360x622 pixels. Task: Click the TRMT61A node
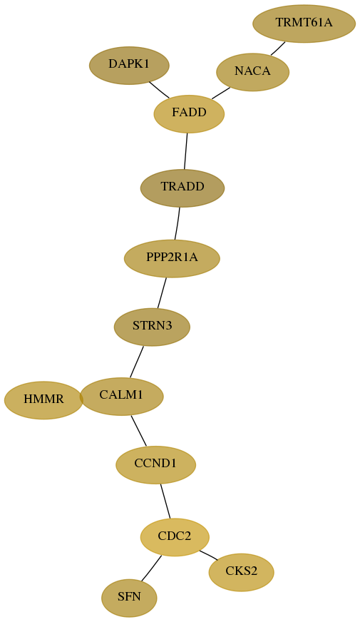(x=304, y=24)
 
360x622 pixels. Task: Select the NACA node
(x=252, y=72)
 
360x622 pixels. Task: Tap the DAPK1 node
(x=129, y=66)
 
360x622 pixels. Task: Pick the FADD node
(x=189, y=114)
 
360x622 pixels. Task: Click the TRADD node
(x=182, y=188)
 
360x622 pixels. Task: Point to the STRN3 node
(x=153, y=327)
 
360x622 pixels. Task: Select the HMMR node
(x=43, y=400)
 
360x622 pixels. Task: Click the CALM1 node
(x=121, y=397)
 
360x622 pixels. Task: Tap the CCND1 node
(x=156, y=464)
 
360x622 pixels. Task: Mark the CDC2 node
(x=175, y=537)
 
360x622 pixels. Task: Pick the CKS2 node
(x=242, y=572)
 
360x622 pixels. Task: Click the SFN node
(x=129, y=598)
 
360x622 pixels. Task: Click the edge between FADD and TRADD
(x=185, y=151)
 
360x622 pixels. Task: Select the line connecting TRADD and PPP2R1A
(x=178, y=223)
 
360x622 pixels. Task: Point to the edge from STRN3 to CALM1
(x=136, y=362)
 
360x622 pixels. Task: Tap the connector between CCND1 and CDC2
(x=165, y=501)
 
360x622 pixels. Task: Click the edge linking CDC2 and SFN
(x=151, y=569)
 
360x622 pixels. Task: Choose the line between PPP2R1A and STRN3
(x=162, y=292)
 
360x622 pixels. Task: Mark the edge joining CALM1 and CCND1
(x=139, y=430)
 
